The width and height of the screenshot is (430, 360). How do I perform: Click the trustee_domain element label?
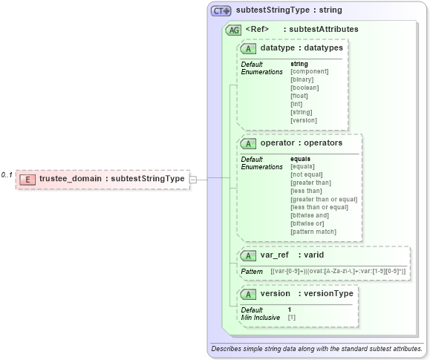coord(111,179)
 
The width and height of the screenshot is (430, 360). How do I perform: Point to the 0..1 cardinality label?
coord(7,175)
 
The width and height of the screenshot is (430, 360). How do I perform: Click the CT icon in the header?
coord(221,11)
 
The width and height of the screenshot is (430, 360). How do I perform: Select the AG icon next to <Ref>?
coord(233,30)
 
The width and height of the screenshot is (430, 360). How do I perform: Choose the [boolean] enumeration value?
coord(304,88)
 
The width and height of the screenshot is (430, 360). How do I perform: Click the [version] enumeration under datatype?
coord(304,120)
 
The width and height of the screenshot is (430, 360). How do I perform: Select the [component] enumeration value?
coord(309,71)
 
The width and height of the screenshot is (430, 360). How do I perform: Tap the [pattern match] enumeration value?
coord(313,232)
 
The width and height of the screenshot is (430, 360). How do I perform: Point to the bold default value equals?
coord(300,159)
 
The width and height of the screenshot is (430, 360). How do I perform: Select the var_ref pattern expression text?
coord(338,272)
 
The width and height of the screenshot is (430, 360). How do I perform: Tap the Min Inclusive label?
coord(260,317)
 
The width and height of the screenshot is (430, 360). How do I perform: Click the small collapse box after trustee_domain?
coord(193,179)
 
